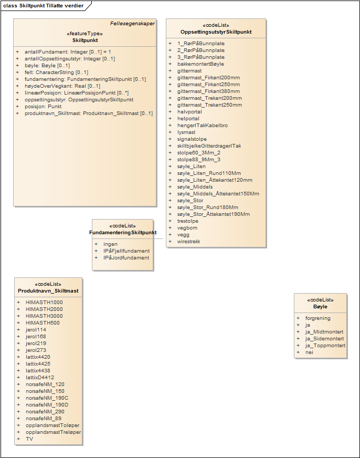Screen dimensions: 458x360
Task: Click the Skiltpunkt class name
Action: [x=85, y=40]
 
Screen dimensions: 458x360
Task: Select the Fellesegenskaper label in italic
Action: [x=132, y=24]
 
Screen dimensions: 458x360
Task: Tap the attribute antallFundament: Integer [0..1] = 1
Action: [x=68, y=52]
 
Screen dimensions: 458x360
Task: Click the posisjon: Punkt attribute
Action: [x=43, y=107]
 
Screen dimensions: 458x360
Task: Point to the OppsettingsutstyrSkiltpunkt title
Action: [x=216, y=32]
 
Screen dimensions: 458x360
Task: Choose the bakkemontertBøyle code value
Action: [x=200, y=64]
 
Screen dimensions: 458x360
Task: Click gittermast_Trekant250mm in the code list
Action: [x=209, y=105]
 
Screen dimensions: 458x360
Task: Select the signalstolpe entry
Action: [x=192, y=139]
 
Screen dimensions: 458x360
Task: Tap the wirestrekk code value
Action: [x=188, y=242]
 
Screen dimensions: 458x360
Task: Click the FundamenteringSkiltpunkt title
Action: [x=123, y=232]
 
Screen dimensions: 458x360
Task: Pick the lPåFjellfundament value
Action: [x=126, y=251]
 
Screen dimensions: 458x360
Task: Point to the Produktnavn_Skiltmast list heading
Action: [x=48, y=290]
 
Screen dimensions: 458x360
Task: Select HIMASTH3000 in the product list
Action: [x=44, y=316]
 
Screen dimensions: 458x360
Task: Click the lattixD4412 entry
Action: [x=40, y=378]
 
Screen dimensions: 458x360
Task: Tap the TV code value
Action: [x=29, y=439]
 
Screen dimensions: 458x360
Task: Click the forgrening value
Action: [x=317, y=318]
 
